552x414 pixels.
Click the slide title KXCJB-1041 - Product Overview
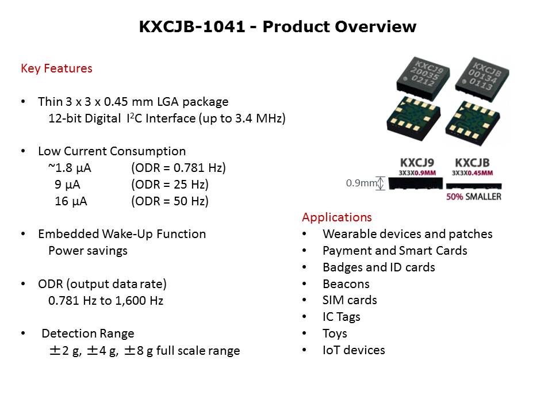point(277,27)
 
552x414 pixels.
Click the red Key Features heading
point(56,68)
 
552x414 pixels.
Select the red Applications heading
point(336,217)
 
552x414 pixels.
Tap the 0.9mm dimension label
point(361,183)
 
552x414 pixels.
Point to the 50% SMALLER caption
point(473,197)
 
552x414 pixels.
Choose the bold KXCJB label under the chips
point(473,162)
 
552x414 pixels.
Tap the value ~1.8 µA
point(70,168)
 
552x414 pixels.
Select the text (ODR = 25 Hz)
point(170,185)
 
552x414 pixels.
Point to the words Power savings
point(88,251)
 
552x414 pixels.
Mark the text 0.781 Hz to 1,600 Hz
point(106,301)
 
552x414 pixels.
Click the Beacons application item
point(346,284)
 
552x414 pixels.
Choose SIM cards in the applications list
point(350,300)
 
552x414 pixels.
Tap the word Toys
point(335,333)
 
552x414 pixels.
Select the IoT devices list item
point(354,350)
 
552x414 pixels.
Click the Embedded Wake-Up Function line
point(122,234)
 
